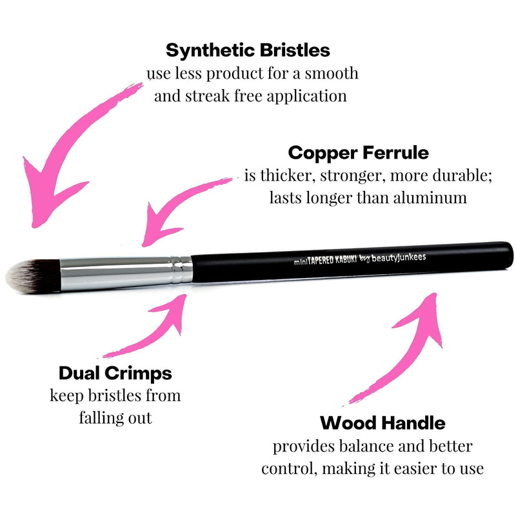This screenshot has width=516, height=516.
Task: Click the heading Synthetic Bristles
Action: click(x=248, y=50)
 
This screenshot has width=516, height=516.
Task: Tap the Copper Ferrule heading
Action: click(x=358, y=153)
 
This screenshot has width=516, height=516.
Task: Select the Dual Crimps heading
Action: click(x=115, y=373)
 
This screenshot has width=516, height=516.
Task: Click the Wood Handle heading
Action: click(x=382, y=423)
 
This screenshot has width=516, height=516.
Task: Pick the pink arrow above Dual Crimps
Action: click(x=155, y=329)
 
